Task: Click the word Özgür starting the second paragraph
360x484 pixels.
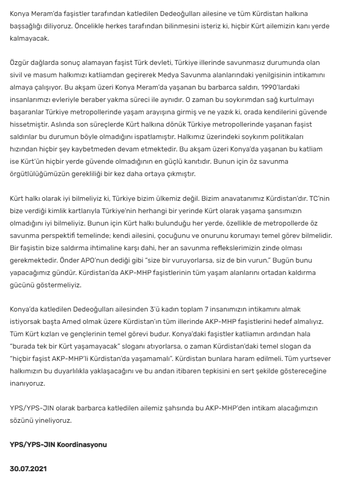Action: [x=21, y=63]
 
